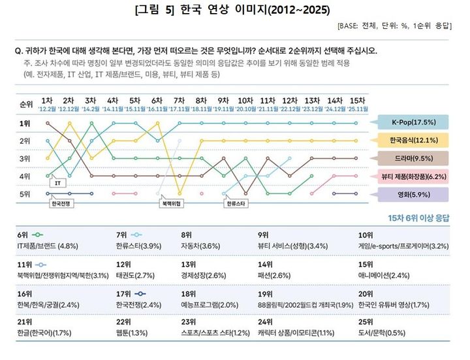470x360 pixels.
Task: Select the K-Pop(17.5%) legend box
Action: tap(415, 122)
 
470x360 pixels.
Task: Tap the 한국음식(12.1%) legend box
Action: tap(415, 140)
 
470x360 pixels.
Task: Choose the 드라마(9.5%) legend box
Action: tap(415, 157)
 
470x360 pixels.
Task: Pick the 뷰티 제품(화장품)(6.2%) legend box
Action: tap(415, 176)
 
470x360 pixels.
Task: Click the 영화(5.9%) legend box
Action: tap(415, 193)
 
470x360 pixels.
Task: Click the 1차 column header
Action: tap(47, 101)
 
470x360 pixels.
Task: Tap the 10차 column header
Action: tap(245, 101)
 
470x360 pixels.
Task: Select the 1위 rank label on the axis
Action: tap(25, 123)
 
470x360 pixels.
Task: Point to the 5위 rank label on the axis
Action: tap(25, 194)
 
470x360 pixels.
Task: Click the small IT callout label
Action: tap(57, 184)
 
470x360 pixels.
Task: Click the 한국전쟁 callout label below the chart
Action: tap(62, 203)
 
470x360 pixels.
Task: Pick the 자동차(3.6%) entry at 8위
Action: tap(202, 246)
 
